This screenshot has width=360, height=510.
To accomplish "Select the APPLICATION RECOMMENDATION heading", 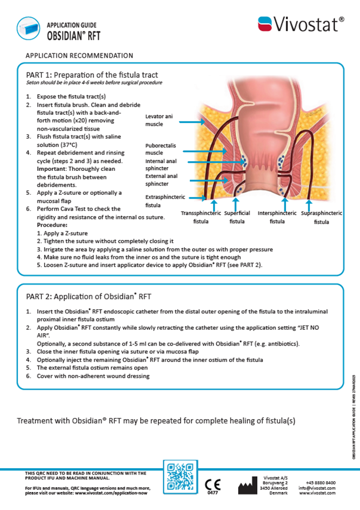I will tap(79, 56).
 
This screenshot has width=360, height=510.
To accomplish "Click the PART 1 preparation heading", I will tap(92, 75).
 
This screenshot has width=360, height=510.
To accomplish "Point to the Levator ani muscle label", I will tap(158, 120).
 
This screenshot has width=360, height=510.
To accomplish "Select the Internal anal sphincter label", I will tap(161, 165).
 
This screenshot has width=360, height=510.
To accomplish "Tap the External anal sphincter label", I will tap(162, 180).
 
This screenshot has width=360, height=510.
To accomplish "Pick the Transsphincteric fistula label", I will tap(201, 218).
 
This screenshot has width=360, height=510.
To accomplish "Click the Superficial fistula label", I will tap(237, 218).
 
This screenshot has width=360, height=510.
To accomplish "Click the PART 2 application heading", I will tap(89, 297).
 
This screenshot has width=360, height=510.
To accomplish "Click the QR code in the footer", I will tap(179, 477).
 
